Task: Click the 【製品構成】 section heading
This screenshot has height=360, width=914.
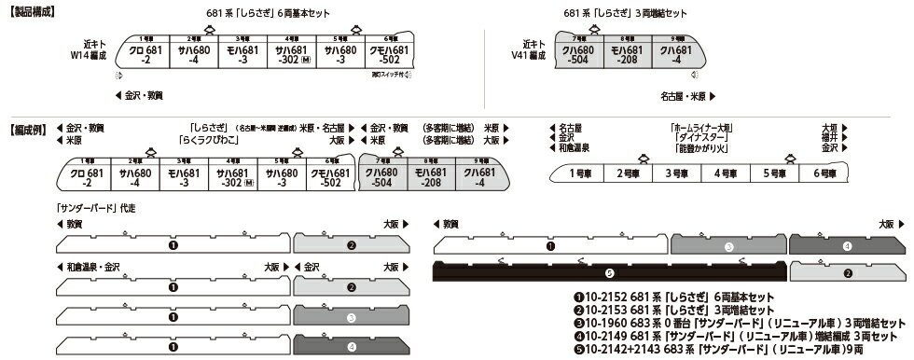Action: pyautogui.click(x=27, y=12)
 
